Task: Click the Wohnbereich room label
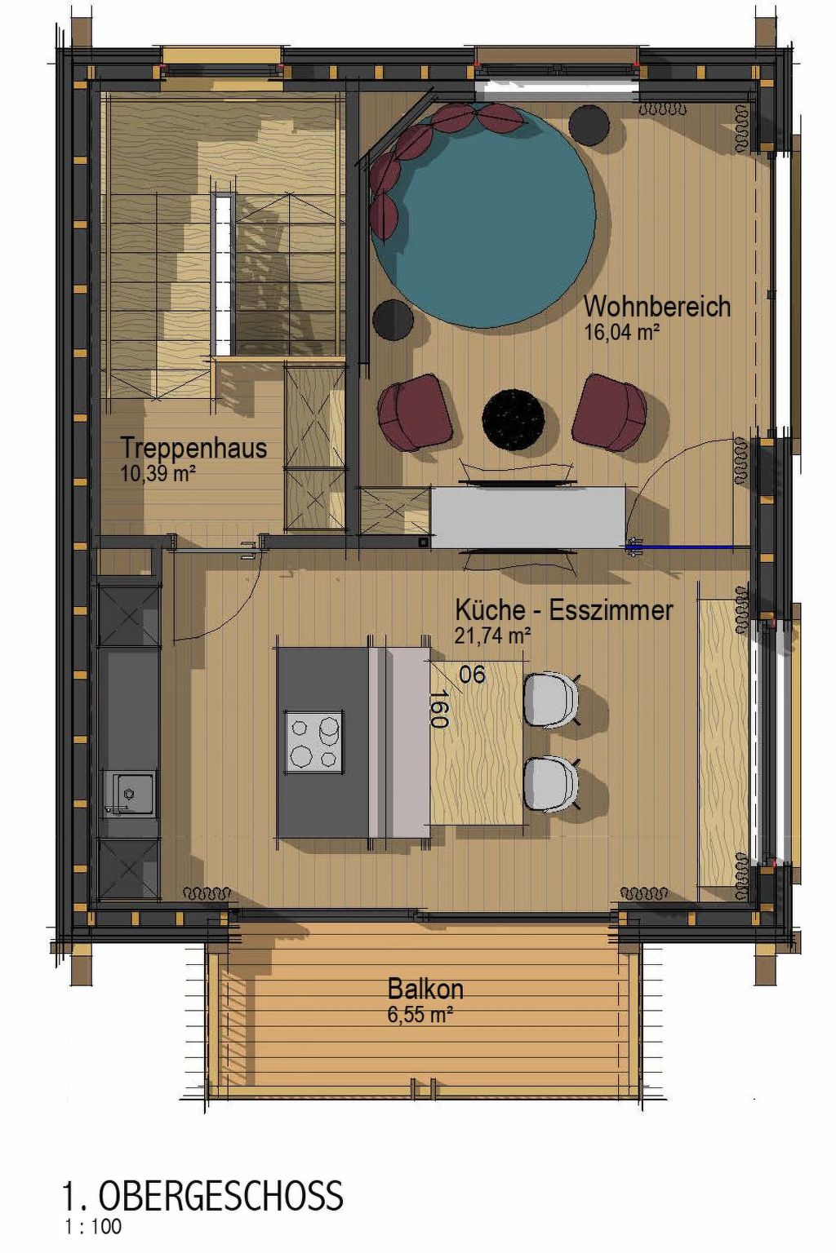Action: coord(656,308)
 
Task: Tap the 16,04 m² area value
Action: coord(621,332)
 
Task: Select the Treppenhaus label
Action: coord(193,448)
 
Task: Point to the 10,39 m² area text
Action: coord(158,473)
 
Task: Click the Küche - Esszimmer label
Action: coord(563,609)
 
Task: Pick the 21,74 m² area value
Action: coord(492,635)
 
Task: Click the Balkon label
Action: coord(425,989)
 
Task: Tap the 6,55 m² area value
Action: coord(420,1015)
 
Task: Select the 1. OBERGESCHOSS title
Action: coord(202,1196)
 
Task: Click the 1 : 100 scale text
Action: coord(93,1226)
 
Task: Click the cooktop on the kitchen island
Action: coord(314,742)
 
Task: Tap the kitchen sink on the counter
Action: coord(129,792)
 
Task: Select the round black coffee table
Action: coord(513,417)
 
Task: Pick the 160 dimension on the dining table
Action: coord(438,708)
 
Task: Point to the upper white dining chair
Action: coord(551,699)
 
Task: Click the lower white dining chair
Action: coord(551,784)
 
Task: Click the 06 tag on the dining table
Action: coord(473,674)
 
